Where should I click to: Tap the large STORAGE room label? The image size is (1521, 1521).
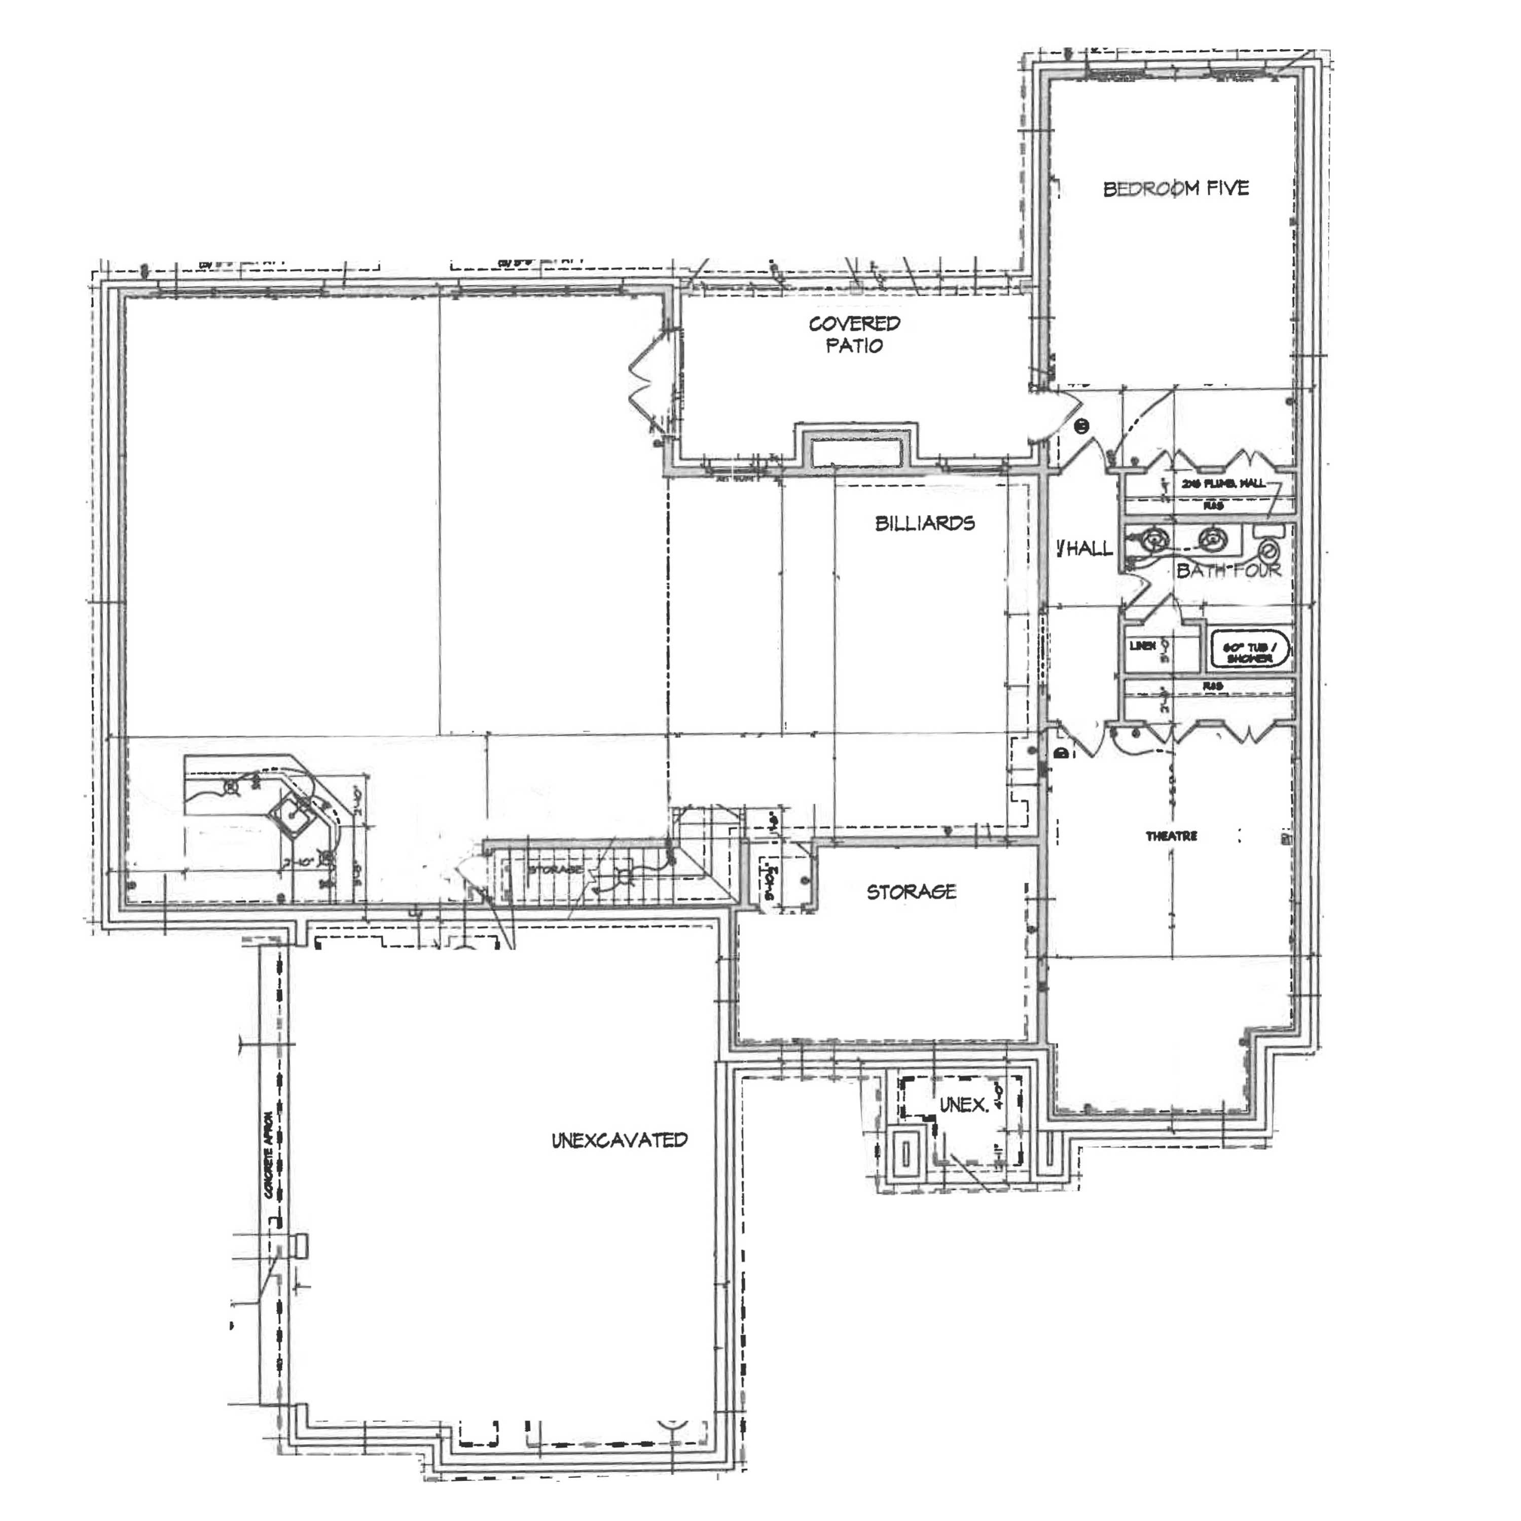pos(911,892)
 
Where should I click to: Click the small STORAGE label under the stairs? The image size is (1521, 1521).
pos(556,869)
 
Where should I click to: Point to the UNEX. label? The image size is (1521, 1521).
pos(964,1105)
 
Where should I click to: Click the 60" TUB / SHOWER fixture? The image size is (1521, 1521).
pos(1249,651)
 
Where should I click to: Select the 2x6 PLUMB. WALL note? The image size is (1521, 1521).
pos(1222,483)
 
